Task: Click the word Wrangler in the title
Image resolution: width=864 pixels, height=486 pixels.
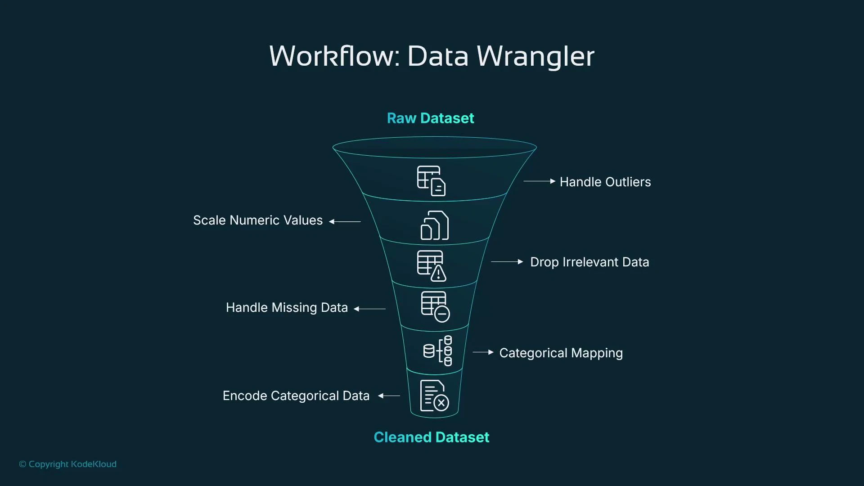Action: point(535,57)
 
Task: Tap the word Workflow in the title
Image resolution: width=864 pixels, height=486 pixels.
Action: point(333,57)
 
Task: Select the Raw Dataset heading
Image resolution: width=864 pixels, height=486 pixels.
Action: point(430,118)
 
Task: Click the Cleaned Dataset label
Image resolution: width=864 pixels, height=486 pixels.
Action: point(431,437)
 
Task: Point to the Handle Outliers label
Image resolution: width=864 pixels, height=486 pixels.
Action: point(605,182)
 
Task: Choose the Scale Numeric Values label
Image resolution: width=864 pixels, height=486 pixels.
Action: point(258,220)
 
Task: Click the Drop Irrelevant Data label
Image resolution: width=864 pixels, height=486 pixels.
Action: point(589,262)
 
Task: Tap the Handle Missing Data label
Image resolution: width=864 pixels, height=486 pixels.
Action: point(287,307)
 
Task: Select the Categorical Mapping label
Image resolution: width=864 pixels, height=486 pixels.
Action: point(561,353)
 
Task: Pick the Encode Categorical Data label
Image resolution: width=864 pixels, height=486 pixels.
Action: point(296,396)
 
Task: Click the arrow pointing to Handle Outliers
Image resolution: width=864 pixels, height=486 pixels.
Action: point(539,181)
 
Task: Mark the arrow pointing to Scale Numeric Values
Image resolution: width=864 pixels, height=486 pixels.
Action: point(345,221)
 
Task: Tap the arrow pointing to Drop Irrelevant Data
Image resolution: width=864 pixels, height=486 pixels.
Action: point(507,261)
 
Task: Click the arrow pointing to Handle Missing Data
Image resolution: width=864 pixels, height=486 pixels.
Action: point(369,309)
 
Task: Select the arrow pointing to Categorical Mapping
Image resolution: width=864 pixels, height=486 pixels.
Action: point(483,352)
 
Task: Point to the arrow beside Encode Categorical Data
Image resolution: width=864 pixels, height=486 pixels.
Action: point(389,396)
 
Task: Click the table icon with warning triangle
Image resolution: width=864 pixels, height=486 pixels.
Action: point(432,266)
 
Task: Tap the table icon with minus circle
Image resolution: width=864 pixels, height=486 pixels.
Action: point(435,307)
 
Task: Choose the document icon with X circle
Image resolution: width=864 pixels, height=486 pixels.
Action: point(434,396)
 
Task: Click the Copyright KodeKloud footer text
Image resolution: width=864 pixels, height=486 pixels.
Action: point(67,464)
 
